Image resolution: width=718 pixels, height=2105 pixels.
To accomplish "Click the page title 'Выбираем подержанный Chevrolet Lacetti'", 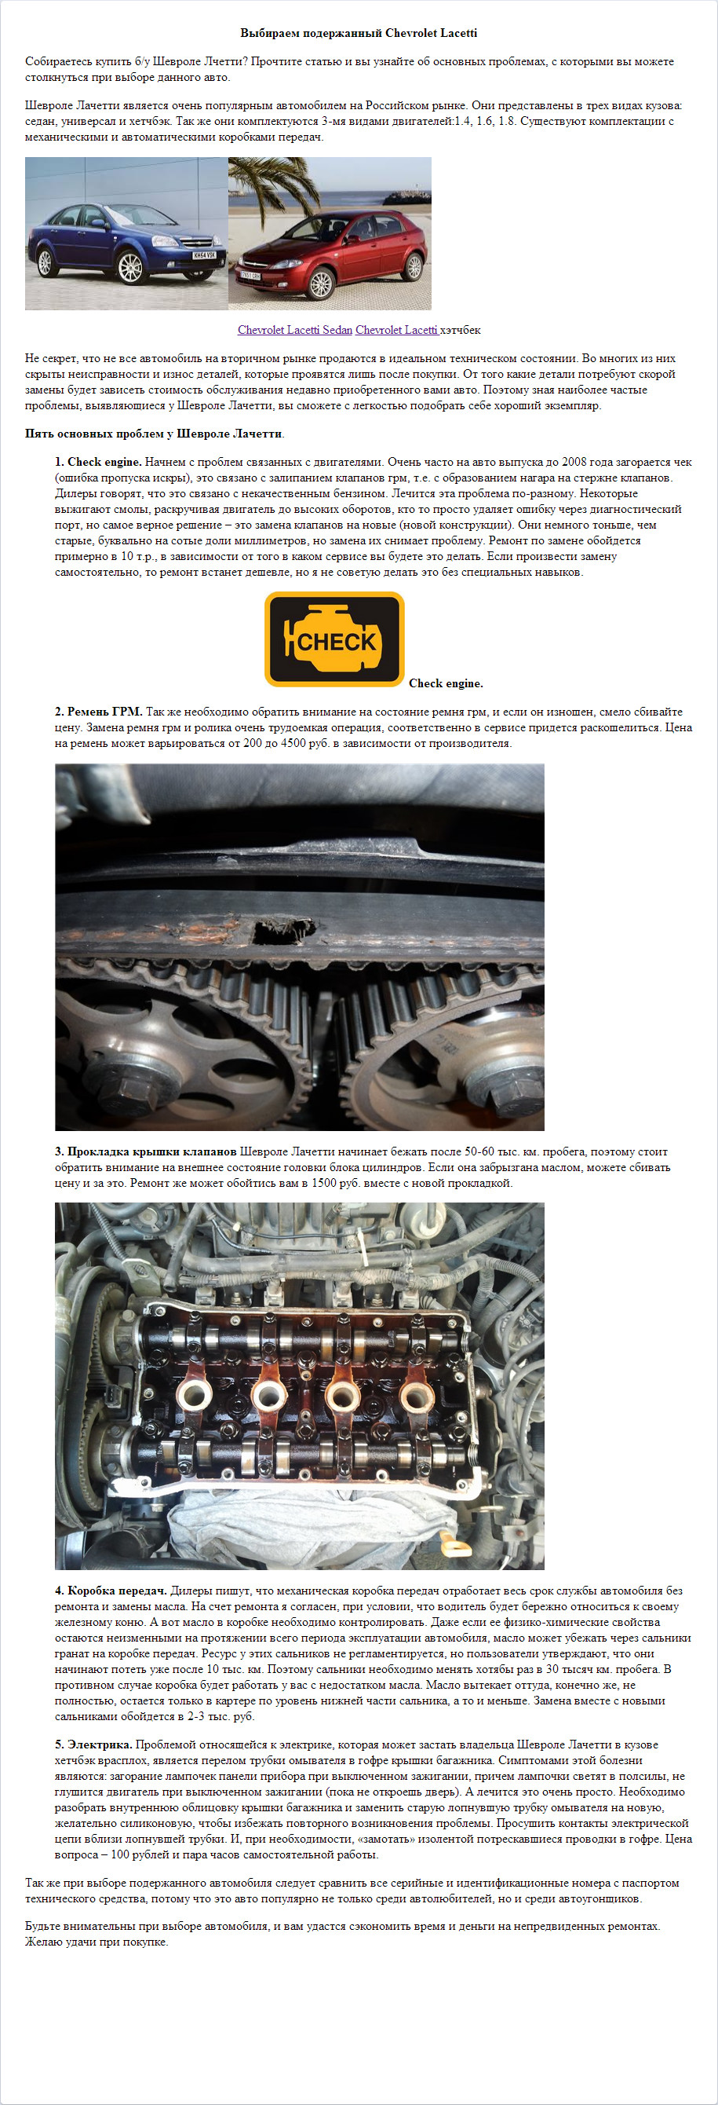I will [x=359, y=34].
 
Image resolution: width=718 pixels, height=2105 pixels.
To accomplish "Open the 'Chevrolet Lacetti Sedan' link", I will [x=295, y=330].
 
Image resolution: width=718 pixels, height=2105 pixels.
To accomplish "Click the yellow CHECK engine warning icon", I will [x=334, y=639].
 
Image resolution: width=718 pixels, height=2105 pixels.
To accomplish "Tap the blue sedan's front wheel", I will [x=130, y=267].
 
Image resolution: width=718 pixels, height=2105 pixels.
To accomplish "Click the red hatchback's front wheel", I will [x=322, y=283].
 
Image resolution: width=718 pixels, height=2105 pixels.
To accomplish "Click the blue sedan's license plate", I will [x=204, y=255].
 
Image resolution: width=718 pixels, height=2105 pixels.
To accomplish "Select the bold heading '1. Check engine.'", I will [x=98, y=462].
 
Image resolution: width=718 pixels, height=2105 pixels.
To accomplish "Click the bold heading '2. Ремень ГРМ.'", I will [x=99, y=712].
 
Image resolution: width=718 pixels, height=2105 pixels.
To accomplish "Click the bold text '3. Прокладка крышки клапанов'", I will [x=145, y=1151].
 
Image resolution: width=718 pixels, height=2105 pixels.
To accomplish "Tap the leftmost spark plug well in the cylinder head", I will [x=195, y=1396].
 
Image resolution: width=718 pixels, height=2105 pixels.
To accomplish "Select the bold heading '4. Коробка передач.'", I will [x=111, y=1591].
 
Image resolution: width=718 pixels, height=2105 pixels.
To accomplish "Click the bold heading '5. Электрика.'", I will [x=94, y=1744].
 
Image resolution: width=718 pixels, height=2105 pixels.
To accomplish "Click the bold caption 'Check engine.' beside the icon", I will [x=446, y=683].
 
